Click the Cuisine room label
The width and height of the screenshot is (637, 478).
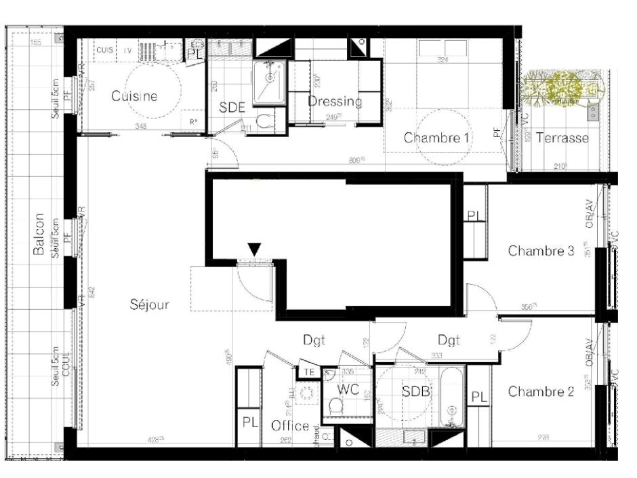coord(134,96)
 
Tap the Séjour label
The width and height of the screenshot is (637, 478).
coord(149,305)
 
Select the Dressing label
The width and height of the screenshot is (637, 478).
coord(335,102)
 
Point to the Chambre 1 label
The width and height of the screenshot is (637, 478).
coord(437,138)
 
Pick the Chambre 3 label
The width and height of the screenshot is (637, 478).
coord(541,251)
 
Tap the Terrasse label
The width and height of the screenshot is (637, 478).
coord(562,138)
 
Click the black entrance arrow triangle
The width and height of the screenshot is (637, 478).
coord(254,250)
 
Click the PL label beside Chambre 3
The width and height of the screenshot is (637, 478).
coord(474,216)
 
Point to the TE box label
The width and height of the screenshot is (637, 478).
coord(308,372)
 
